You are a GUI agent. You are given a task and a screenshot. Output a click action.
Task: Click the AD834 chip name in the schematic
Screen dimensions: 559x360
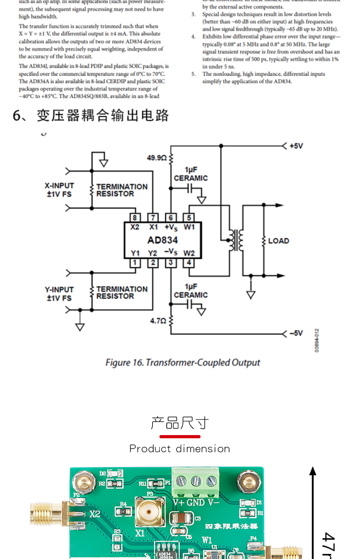(x=163, y=240)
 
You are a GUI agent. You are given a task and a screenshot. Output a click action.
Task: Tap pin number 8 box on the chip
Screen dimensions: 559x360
(x=134, y=218)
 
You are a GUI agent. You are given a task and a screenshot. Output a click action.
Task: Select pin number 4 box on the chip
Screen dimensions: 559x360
(x=189, y=263)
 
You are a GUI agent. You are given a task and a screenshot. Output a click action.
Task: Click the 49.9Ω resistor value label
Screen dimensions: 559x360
(x=156, y=158)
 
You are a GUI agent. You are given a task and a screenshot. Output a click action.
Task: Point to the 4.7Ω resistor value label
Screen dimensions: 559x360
(x=158, y=321)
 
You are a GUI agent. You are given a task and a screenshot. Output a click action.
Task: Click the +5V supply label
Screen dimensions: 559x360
(x=296, y=146)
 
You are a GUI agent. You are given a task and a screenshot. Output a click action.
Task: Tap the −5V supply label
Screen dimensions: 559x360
(x=296, y=333)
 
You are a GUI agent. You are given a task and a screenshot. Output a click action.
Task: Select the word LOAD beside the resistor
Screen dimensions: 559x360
(x=278, y=241)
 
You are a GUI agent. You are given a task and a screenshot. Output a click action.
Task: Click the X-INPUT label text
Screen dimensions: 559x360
(x=59, y=186)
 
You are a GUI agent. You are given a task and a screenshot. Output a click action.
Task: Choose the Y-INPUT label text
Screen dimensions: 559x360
(x=59, y=290)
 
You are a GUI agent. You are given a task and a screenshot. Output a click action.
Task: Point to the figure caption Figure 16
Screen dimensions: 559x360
(x=182, y=363)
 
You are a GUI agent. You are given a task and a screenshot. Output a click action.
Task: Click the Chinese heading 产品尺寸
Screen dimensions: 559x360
(x=180, y=423)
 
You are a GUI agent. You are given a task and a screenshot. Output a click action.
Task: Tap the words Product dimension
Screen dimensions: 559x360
(x=180, y=449)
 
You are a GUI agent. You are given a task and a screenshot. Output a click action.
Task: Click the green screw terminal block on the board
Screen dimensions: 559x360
(x=195, y=482)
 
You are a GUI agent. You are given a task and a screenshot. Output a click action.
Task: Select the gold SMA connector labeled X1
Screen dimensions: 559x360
(x=149, y=512)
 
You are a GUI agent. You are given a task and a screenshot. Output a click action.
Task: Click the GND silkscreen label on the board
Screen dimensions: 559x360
(x=196, y=503)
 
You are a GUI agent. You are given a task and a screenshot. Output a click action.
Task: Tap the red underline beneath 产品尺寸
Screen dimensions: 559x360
(x=180, y=436)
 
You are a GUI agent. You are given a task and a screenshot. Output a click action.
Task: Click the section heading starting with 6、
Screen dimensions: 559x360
(x=91, y=115)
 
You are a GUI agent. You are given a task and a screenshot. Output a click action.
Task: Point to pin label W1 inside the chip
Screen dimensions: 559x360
(x=189, y=227)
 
